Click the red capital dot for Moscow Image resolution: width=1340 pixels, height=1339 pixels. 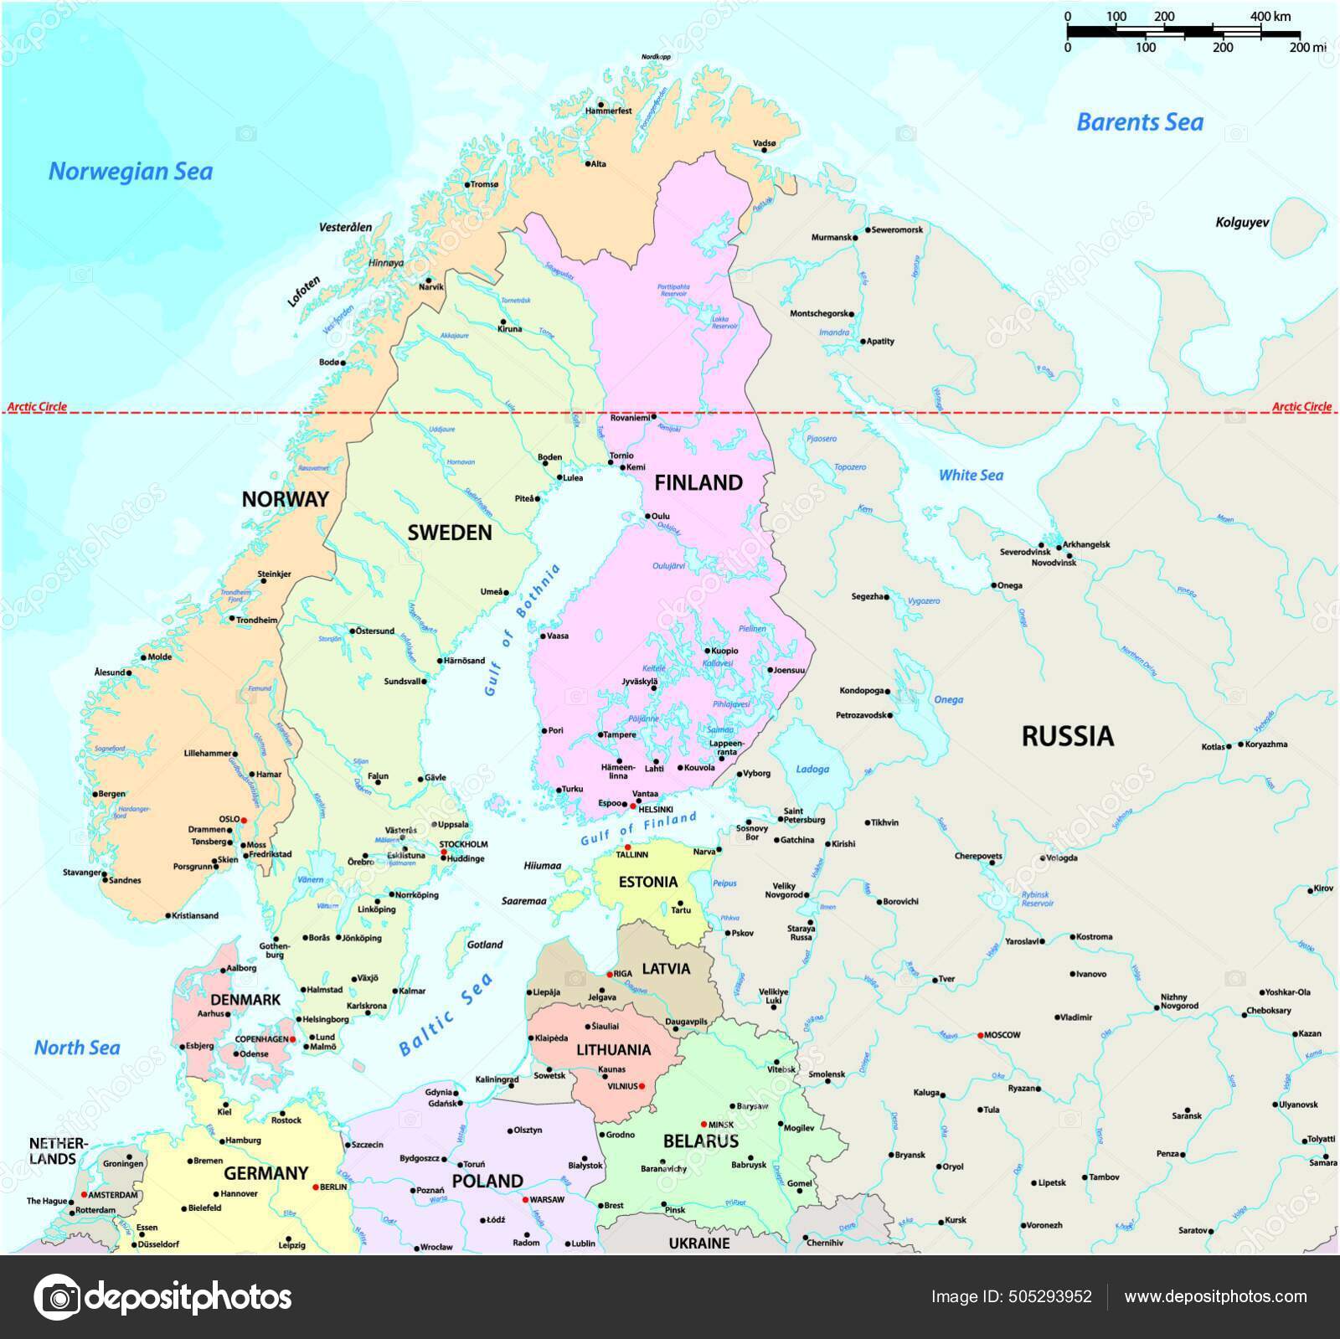point(980,1035)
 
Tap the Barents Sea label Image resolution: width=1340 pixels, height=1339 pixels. point(1139,122)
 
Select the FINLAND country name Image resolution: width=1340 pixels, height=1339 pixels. point(698,482)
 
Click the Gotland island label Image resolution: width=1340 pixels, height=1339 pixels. point(485,945)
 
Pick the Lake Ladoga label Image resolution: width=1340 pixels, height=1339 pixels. point(812,769)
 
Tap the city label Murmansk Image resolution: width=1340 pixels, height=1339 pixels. point(831,238)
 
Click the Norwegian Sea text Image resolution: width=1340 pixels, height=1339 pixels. point(131,172)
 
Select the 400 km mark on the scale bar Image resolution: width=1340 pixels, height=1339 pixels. point(1270,17)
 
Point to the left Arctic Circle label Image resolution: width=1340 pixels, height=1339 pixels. point(37,407)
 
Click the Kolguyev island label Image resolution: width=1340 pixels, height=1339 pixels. point(1242,223)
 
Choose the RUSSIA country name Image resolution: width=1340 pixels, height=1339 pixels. point(1067,736)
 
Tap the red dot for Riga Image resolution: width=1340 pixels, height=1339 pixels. point(610,974)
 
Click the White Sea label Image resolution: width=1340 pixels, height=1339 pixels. point(970,475)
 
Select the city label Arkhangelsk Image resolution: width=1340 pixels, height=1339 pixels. point(1086,544)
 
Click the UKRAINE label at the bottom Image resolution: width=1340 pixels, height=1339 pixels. point(698,1244)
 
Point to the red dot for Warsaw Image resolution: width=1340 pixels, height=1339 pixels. point(525,1199)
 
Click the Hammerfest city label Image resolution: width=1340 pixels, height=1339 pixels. point(608,111)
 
